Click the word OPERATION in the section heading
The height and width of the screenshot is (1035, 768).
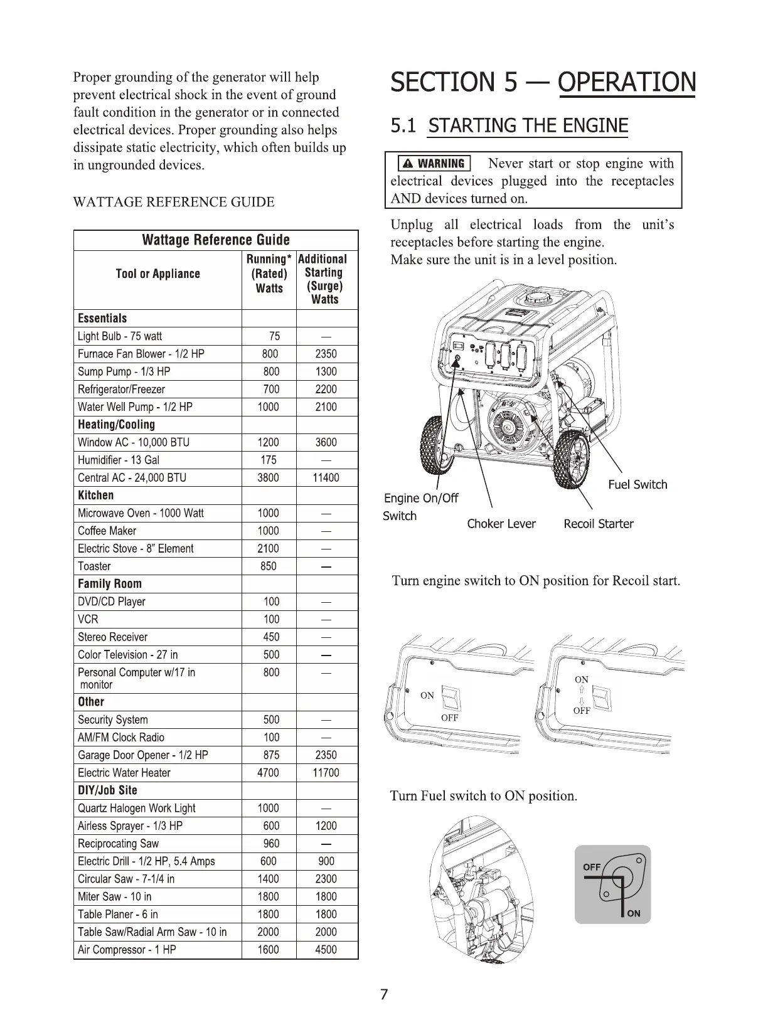pyautogui.click(x=626, y=83)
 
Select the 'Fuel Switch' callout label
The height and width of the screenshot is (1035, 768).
pyautogui.click(x=637, y=484)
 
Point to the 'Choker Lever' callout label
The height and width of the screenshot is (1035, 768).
pyautogui.click(x=501, y=524)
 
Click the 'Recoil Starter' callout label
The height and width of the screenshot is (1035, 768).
pyautogui.click(x=599, y=524)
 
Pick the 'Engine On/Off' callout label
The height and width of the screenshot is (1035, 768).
pyautogui.click(x=421, y=498)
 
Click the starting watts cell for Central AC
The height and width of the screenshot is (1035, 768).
pyautogui.click(x=326, y=478)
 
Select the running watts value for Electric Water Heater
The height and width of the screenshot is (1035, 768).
pyautogui.click(x=269, y=773)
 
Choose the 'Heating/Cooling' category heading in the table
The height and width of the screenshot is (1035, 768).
pyautogui.click(x=116, y=425)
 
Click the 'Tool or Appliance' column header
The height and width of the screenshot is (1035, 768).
pyautogui.click(x=158, y=274)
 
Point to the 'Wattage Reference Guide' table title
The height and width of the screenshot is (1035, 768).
pyautogui.click(x=216, y=240)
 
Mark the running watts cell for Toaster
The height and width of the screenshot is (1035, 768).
pyautogui.click(x=269, y=566)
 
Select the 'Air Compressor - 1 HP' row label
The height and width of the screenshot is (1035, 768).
pyautogui.click(x=127, y=950)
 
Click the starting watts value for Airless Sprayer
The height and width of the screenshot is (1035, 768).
pyautogui.click(x=326, y=826)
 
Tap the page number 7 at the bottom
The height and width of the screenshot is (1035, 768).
pyautogui.click(x=385, y=994)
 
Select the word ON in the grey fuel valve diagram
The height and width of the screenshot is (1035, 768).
pyautogui.click(x=634, y=913)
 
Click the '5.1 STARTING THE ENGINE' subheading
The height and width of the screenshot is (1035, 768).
pyautogui.click(x=509, y=125)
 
